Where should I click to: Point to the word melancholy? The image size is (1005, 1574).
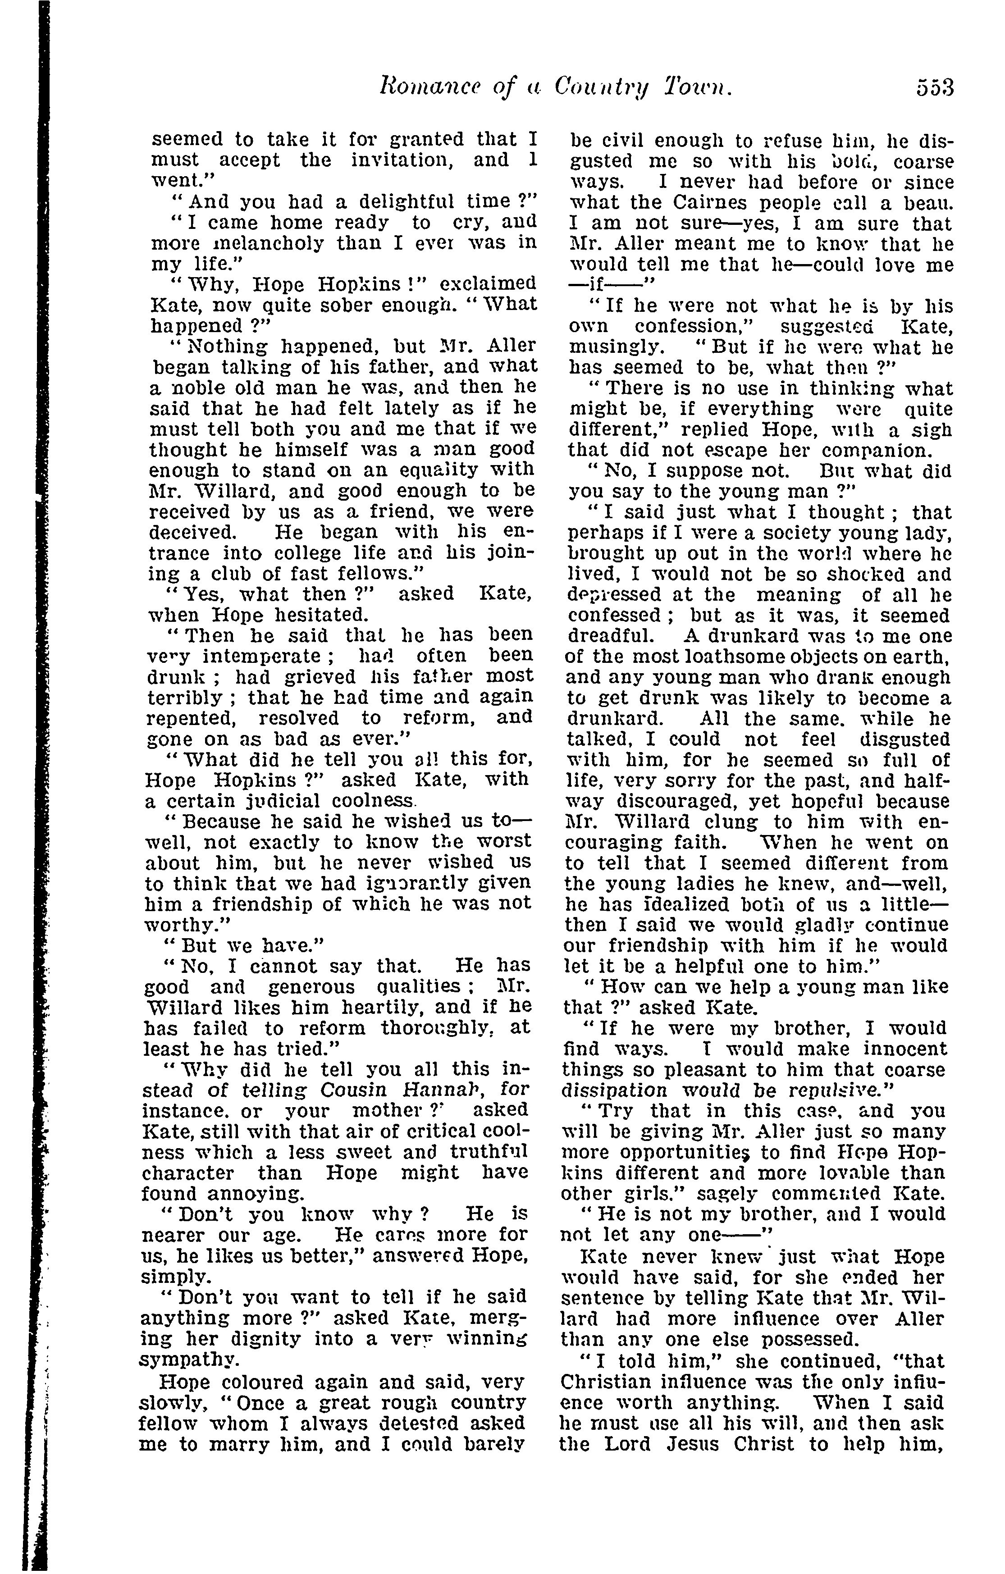[238, 243]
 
